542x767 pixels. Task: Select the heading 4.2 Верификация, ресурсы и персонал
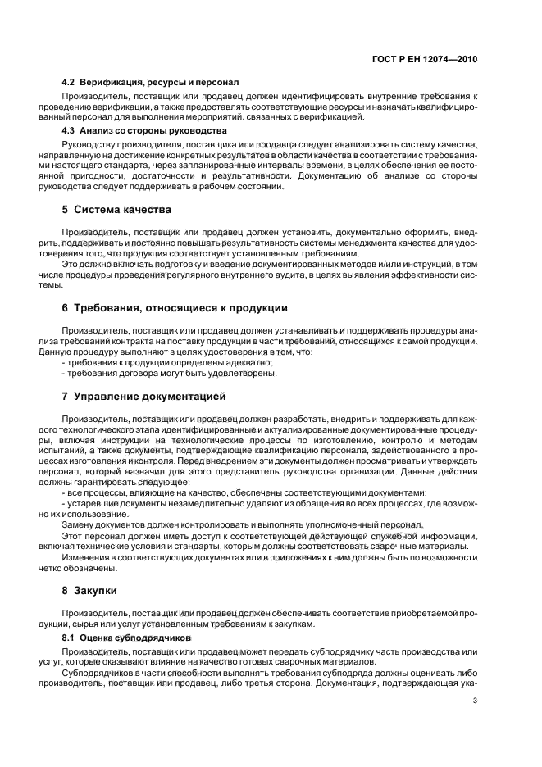click(x=150, y=83)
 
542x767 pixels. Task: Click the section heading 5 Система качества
click(x=116, y=210)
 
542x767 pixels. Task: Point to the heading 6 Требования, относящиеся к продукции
click(x=175, y=308)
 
